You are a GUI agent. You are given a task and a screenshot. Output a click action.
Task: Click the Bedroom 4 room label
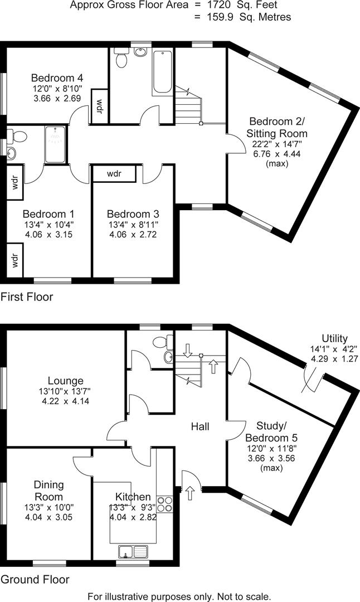point(57,77)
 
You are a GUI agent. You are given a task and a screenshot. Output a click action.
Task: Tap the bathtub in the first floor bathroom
point(162,72)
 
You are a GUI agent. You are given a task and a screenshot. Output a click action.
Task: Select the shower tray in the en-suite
point(55,144)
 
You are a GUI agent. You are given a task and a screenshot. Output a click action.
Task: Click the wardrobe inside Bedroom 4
point(99,105)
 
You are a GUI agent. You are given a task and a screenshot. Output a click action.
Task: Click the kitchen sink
point(133,552)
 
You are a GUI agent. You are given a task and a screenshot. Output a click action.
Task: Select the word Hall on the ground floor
point(200,426)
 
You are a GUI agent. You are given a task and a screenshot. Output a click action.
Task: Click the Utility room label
point(334,338)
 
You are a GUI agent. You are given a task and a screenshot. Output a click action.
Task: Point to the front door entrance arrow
point(191,492)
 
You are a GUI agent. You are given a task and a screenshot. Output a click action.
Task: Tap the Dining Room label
point(49,491)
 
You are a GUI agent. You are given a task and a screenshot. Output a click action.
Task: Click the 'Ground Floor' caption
point(35,580)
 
